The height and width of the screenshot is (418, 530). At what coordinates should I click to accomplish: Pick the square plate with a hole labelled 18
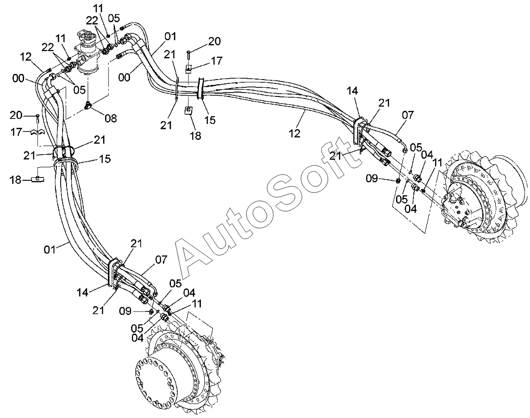coord(188,111)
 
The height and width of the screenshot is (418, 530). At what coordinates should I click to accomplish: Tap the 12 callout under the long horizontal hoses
coord(294,134)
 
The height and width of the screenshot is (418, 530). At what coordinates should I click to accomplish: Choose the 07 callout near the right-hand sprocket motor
coord(408,116)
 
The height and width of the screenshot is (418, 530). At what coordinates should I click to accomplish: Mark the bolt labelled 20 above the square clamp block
coord(188,53)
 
